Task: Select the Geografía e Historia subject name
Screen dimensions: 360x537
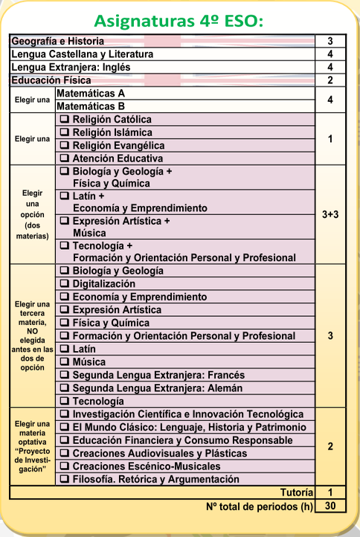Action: (58, 42)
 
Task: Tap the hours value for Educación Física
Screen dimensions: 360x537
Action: (330, 80)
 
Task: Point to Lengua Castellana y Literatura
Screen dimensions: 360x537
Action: (82, 54)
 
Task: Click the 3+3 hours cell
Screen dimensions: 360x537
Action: (330, 214)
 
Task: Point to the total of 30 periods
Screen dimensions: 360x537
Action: (330, 507)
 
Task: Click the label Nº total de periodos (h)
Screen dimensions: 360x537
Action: (258, 507)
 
